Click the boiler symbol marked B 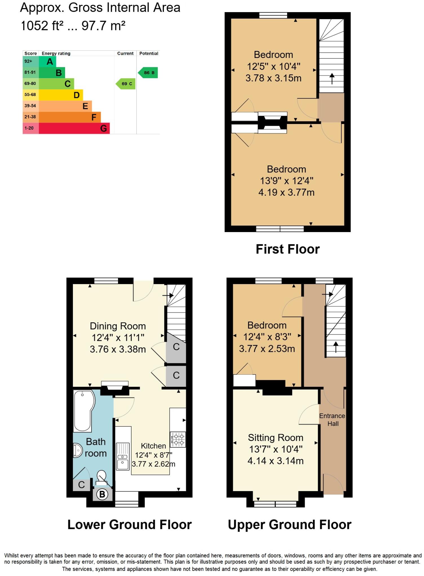pos(102,494)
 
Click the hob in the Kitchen pos(178,440)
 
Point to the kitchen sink pos(123,456)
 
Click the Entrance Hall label pos(332,420)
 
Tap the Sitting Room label pos(276,438)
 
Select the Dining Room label pos(118,326)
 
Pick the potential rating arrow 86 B pos(148,73)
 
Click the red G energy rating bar pos(74,128)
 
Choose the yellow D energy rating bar pos(61,95)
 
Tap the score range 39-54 pos(30,106)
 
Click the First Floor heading pos(287,249)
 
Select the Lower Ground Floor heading pos(129,525)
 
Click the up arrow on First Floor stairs pos(332,78)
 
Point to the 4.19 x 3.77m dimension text pos(286,192)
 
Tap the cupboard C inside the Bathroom pos(81,485)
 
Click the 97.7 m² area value pos(103,26)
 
